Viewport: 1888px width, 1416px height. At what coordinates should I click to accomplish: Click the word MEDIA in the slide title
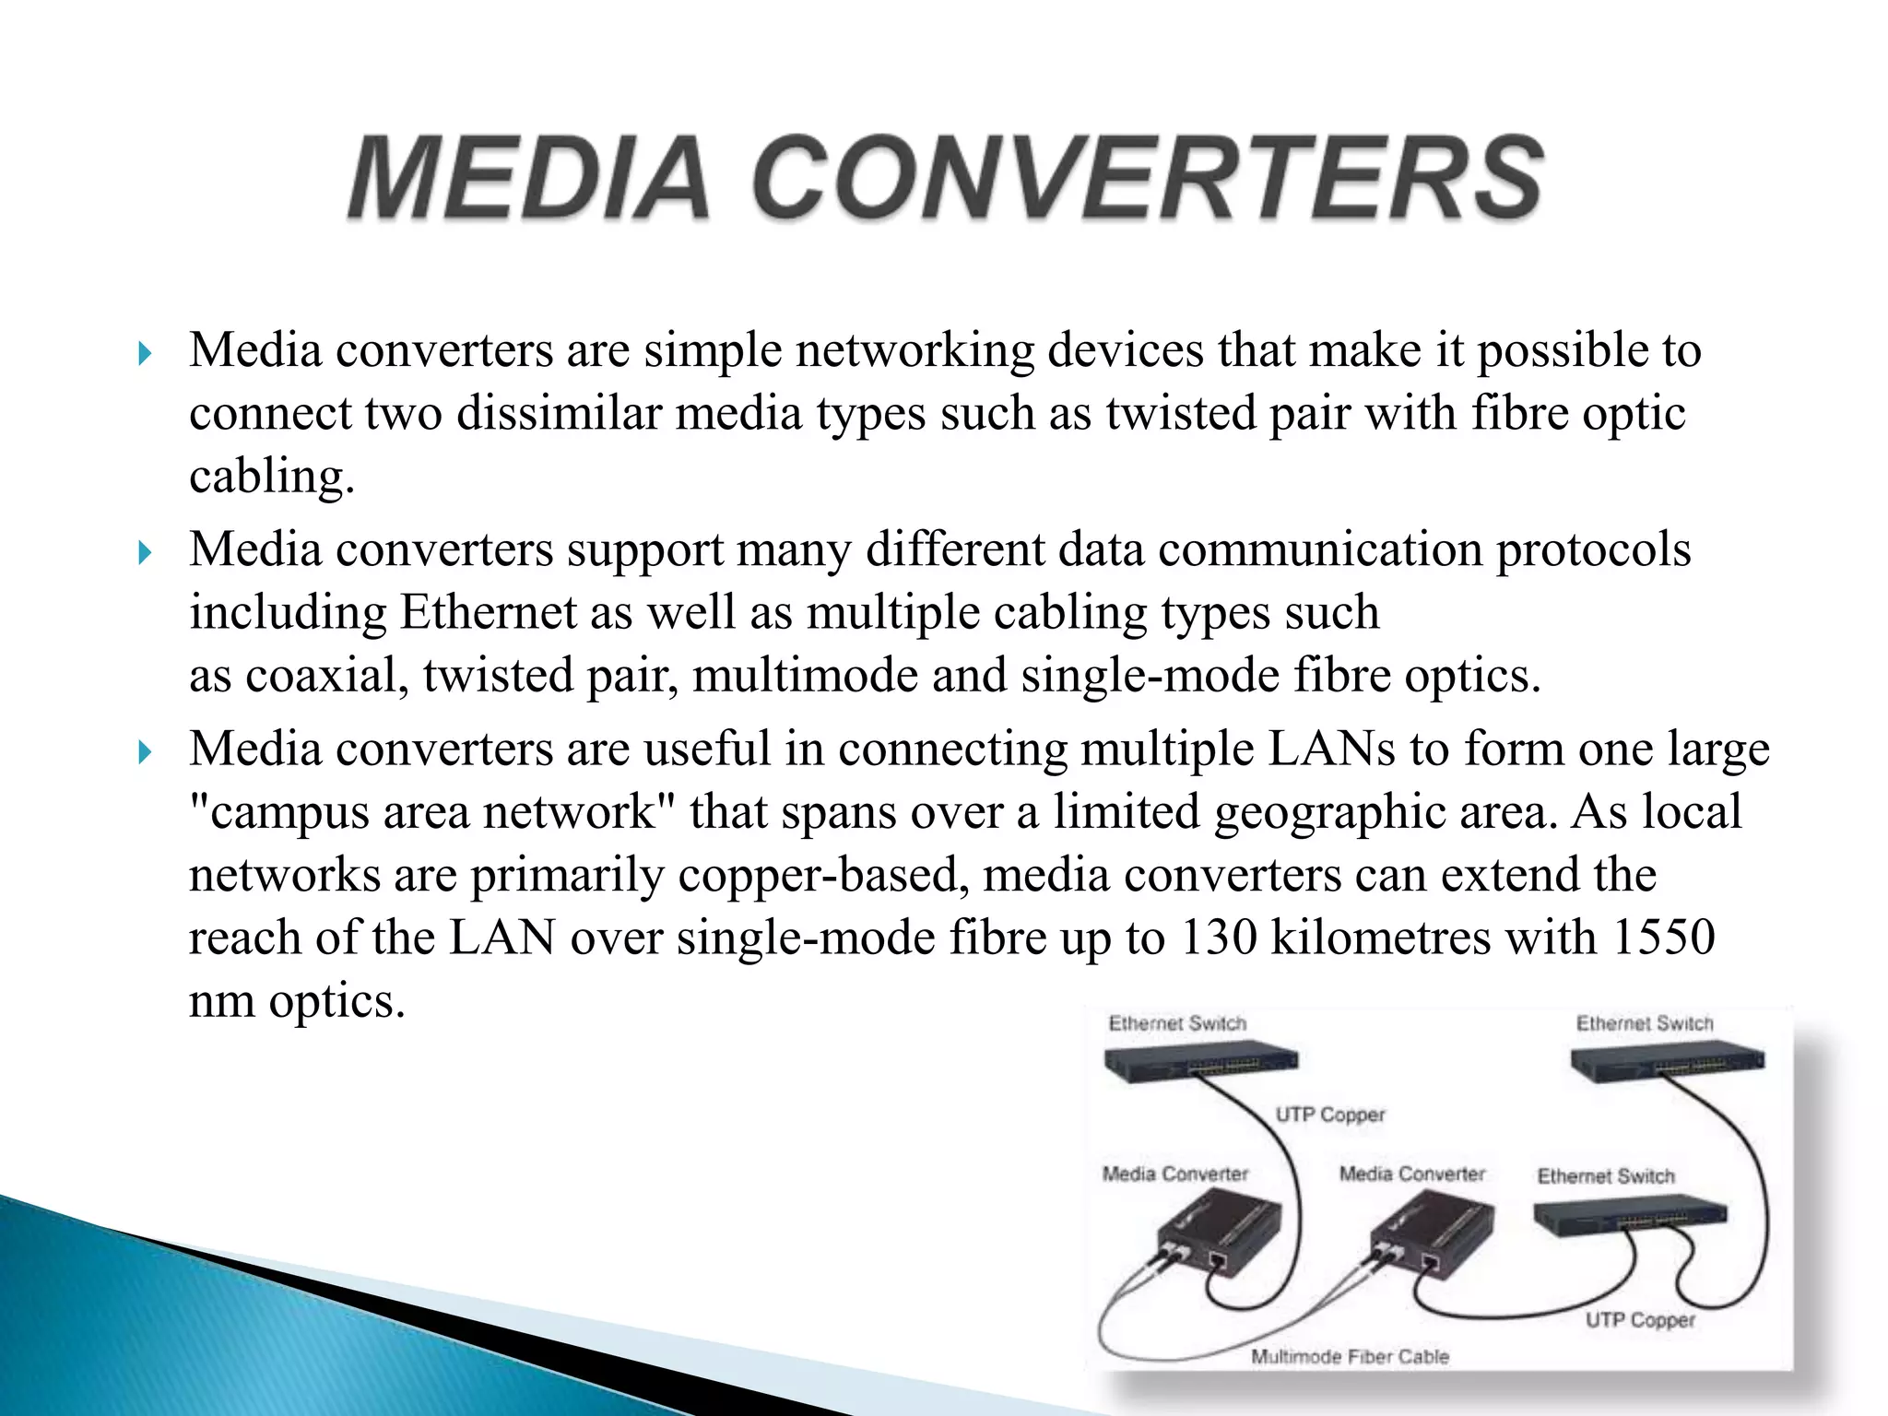click(528, 178)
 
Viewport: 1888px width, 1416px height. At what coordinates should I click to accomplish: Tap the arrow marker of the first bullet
click(144, 353)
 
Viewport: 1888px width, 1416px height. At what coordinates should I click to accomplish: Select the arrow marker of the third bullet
click(144, 752)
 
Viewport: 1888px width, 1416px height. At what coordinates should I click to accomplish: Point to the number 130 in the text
click(1218, 938)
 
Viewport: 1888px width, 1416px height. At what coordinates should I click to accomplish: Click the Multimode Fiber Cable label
click(1350, 1357)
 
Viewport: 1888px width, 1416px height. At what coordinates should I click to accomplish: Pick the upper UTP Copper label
click(1329, 1115)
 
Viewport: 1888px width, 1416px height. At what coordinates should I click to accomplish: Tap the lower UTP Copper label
click(1640, 1320)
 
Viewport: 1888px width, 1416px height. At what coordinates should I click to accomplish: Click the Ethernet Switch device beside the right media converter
click(1630, 1219)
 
